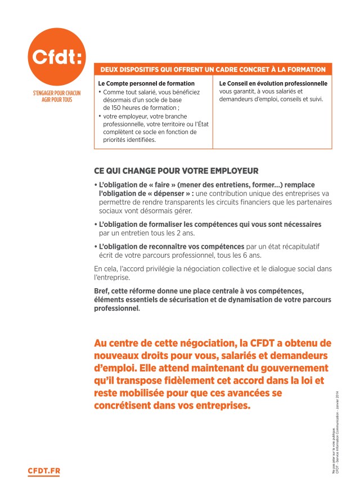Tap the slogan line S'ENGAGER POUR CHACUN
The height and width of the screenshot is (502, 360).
tap(57, 92)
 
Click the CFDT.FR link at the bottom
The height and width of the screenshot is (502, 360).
tap(43, 471)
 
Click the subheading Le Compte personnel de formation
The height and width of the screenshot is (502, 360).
tap(138, 83)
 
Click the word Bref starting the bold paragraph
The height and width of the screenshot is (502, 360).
tap(102, 290)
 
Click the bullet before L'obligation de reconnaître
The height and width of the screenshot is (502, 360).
tap(95, 246)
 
